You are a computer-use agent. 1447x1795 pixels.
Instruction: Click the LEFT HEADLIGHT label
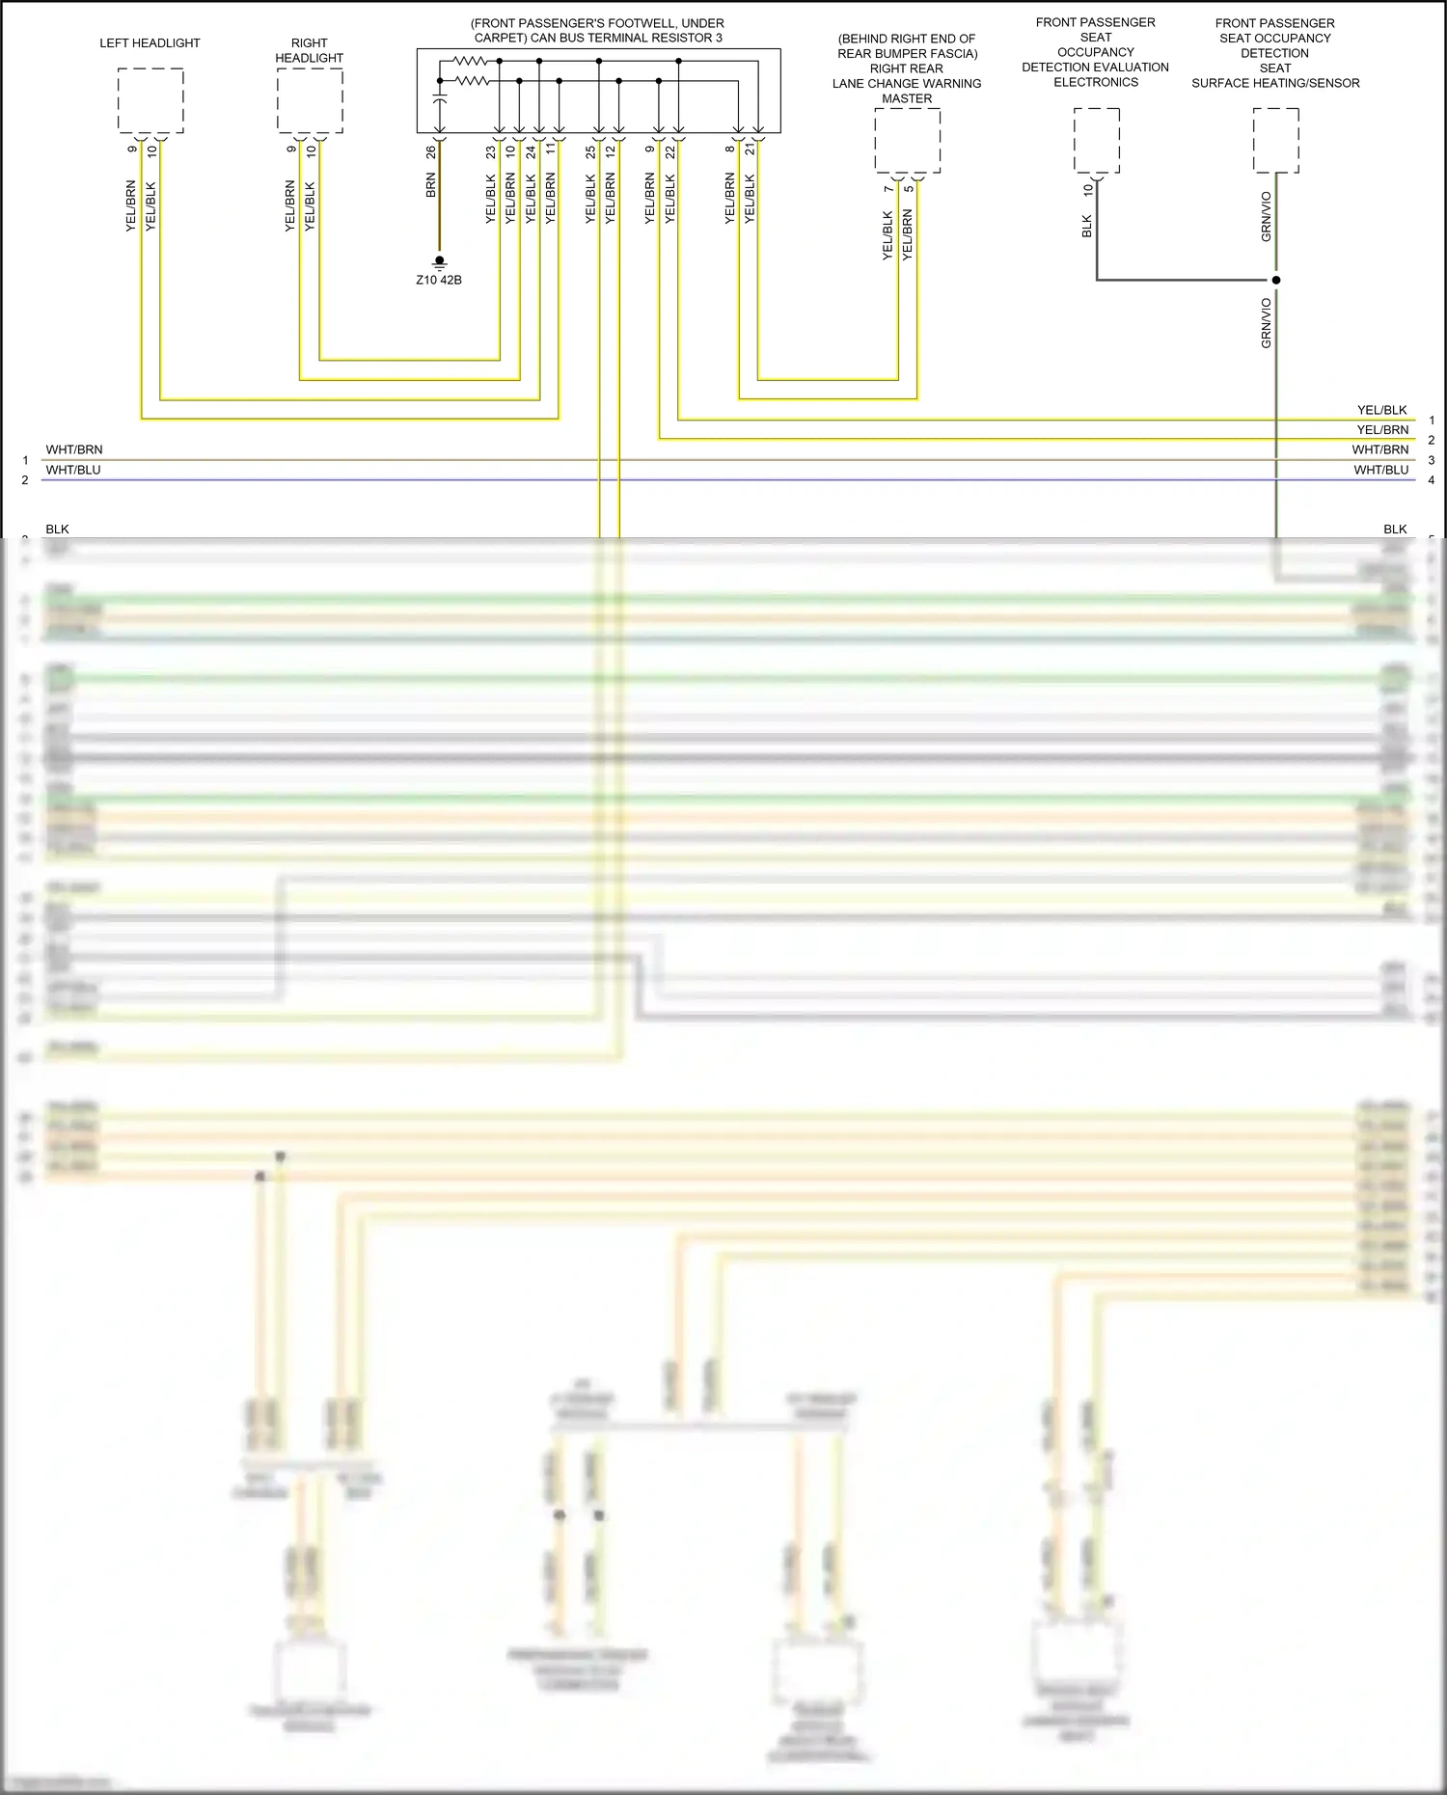[x=150, y=43]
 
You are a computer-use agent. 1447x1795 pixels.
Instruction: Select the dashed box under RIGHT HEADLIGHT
[x=310, y=100]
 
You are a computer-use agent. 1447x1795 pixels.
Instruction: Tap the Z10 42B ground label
[x=439, y=280]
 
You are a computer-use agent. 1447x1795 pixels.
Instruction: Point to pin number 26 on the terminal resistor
[x=431, y=152]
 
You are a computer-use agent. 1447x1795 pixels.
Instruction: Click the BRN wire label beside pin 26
[x=431, y=185]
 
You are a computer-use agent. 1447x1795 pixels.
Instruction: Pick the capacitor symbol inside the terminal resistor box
[x=440, y=100]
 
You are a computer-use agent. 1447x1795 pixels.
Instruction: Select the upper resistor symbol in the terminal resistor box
[x=471, y=61]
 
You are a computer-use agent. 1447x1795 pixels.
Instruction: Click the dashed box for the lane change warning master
[x=907, y=141]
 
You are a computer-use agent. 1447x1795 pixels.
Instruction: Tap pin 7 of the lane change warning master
[x=888, y=189]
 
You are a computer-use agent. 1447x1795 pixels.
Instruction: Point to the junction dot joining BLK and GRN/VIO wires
[x=1276, y=281]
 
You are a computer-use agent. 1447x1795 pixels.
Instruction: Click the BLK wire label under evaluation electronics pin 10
[x=1087, y=226]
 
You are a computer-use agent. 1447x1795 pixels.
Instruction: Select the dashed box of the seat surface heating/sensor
[x=1275, y=140]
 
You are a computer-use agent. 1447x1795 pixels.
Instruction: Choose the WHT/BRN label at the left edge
[x=74, y=449]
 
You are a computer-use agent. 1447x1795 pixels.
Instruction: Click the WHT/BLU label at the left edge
[x=73, y=470]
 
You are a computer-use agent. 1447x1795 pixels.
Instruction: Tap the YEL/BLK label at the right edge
[x=1381, y=410]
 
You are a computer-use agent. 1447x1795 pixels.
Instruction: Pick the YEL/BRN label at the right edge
[x=1382, y=429]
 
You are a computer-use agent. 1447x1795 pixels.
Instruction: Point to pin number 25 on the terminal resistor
[x=590, y=152]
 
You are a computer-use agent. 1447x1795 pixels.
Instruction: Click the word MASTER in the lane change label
[x=907, y=98]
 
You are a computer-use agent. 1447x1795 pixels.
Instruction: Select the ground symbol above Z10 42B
[x=440, y=261]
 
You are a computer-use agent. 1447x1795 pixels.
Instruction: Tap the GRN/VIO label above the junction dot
[x=1266, y=216]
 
